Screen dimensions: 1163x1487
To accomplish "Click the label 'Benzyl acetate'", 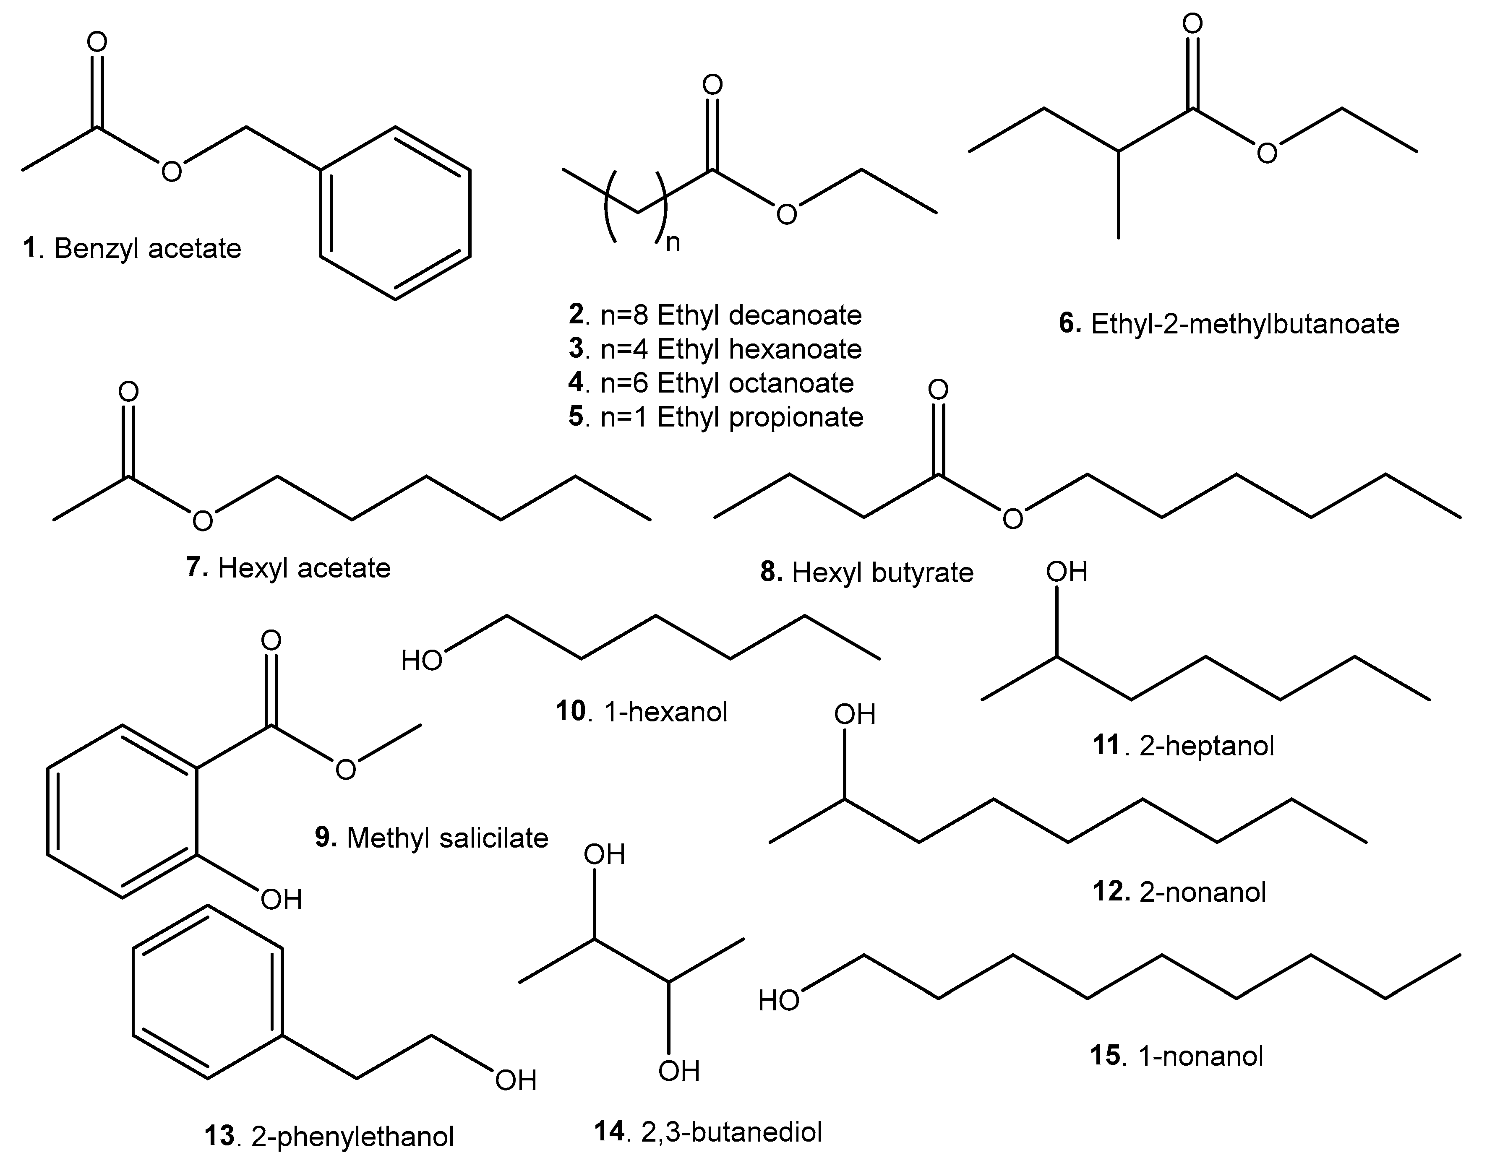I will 147,249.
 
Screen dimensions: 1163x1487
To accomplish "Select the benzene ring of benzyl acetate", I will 395,213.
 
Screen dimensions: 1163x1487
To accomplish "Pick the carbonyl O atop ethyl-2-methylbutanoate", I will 1192,24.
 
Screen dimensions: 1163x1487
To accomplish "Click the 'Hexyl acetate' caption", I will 304,568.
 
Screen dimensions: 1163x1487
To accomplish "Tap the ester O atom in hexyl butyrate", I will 1013,520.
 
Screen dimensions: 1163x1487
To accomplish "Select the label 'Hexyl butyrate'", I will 882,572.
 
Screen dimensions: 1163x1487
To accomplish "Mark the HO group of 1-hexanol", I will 422,661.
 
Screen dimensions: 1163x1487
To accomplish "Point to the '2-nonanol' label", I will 1202,892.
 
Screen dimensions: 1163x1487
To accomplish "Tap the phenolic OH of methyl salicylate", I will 281,900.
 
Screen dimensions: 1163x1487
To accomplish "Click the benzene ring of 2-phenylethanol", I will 208,993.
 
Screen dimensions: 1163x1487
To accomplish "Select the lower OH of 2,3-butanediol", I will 678,1071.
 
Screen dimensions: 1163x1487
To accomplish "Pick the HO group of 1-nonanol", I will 779,1001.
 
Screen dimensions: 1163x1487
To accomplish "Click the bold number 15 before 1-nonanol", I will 1105,1055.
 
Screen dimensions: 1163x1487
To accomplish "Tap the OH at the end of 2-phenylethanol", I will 516,1081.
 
